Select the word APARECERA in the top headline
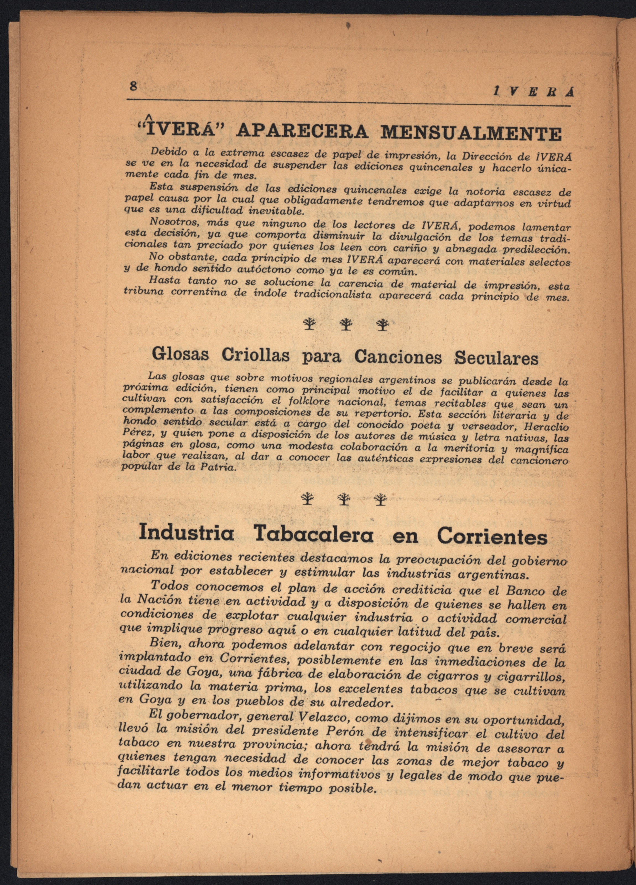pyautogui.click(x=303, y=131)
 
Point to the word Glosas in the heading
pyautogui.click(x=180, y=354)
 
